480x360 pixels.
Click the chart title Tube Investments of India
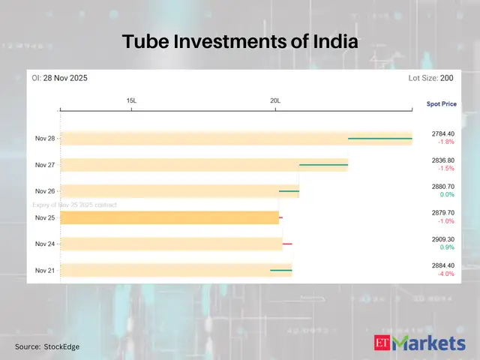[x=240, y=43]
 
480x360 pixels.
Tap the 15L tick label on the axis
[x=131, y=100]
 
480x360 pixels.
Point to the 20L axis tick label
[x=275, y=100]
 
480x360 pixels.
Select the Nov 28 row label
[x=45, y=138]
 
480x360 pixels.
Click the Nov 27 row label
[x=45, y=164]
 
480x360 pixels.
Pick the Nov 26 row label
[x=45, y=190]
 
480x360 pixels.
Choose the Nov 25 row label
[x=45, y=217]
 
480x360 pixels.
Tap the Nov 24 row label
[x=45, y=244]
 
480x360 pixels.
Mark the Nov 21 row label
[x=45, y=270]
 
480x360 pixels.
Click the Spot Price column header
[x=441, y=103]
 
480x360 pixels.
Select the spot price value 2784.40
[x=442, y=133]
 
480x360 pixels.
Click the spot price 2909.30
[x=442, y=239]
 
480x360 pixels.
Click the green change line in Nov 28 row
[x=379, y=138]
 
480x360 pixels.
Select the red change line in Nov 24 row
[x=287, y=244]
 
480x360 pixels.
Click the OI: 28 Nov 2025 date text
[x=61, y=78]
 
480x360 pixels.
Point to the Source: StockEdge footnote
[x=47, y=346]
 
